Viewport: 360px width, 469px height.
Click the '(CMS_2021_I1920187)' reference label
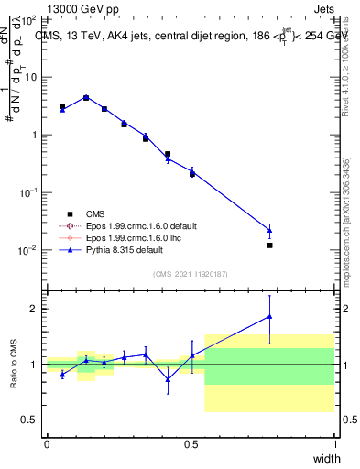(x=191, y=272)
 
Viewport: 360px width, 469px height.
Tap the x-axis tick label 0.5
(x=191, y=444)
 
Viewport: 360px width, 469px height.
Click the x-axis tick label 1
(x=334, y=444)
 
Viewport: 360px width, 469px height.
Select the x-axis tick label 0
(x=47, y=444)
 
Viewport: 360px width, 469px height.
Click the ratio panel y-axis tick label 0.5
(x=30, y=420)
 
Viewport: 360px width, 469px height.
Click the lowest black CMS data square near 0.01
(x=269, y=245)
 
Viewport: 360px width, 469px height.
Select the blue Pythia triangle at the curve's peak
(x=86, y=97)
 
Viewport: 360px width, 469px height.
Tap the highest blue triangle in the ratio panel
(x=269, y=316)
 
